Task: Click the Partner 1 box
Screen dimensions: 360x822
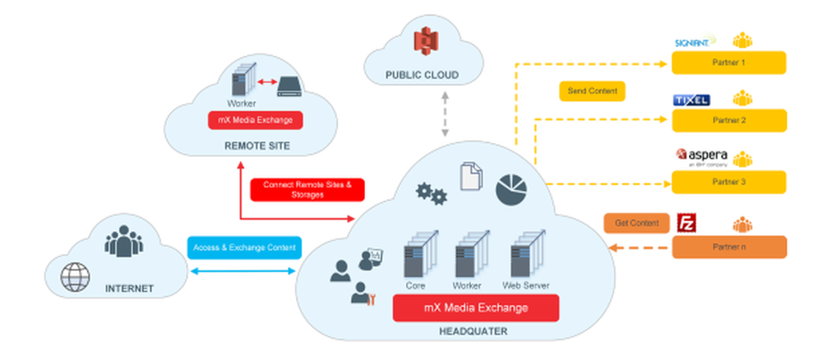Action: (728, 62)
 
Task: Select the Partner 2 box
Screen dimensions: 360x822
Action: (728, 120)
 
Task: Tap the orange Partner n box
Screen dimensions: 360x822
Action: (728, 247)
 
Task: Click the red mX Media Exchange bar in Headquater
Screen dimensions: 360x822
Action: (476, 308)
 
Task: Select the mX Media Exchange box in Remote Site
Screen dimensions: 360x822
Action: (255, 120)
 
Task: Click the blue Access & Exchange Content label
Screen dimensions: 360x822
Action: (242, 247)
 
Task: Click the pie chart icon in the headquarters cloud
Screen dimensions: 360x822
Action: (512, 189)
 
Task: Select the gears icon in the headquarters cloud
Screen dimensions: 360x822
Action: (431, 193)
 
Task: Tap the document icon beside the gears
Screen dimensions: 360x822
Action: (470, 178)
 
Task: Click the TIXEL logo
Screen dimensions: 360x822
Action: (690, 99)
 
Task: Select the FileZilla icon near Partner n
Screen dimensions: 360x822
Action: (686, 222)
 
